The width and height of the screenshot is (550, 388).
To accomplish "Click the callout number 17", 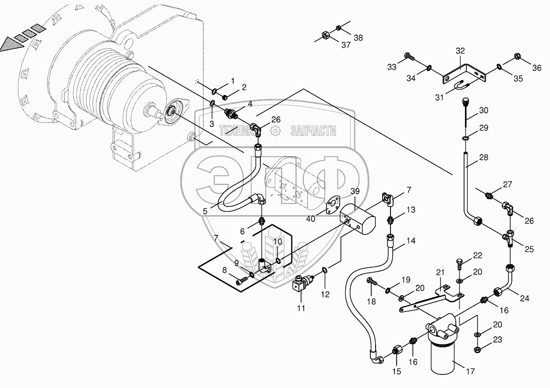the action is [470, 371].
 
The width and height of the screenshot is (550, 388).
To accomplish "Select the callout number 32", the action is [460, 51].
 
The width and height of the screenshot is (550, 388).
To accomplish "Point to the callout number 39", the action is [355, 191].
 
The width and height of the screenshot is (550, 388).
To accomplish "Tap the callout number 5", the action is [205, 211].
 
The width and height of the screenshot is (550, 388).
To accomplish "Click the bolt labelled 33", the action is [410, 56].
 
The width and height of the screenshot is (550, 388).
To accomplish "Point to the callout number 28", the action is [483, 157].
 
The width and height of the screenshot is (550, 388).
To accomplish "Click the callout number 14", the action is [411, 241].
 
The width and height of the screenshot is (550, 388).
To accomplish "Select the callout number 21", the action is [440, 273].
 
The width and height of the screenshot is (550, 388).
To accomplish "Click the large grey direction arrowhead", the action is [11, 44].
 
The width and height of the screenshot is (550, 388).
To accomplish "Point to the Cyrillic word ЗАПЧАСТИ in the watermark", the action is [313, 131].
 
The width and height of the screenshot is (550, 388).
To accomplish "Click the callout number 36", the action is [537, 68].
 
